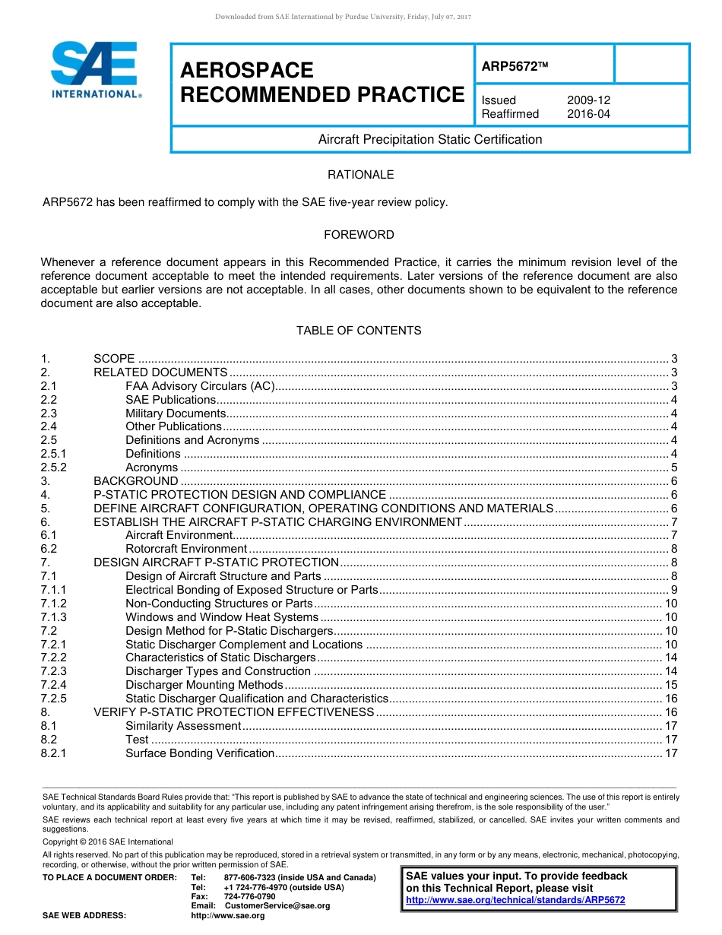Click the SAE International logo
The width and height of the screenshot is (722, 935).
[x=94, y=69]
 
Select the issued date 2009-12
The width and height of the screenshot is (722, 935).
[x=588, y=100]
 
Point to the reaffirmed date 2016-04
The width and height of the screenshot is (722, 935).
[x=588, y=114]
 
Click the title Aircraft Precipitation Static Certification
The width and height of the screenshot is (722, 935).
[x=430, y=139]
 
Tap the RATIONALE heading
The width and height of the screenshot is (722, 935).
[x=360, y=175]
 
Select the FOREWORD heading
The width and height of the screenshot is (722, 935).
[x=359, y=235]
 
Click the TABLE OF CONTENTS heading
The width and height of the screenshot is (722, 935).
[x=359, y=331]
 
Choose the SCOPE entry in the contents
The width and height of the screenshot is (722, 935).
[x=114, y=359]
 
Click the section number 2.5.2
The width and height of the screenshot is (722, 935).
[x=54, y=467]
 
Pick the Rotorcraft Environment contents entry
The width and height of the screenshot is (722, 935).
[x=186, y=549]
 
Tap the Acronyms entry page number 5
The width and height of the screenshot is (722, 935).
[x=674, y=467]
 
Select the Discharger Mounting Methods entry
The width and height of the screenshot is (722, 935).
[x=204, y=685]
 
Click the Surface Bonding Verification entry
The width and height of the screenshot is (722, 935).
[x=200, y=753]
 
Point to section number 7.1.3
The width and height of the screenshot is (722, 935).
[x=54, y=617]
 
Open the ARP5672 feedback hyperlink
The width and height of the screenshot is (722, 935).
[x=515, y=900]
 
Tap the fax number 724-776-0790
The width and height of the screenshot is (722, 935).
[x=249, y=897]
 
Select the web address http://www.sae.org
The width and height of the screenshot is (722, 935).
[x=228, y=916]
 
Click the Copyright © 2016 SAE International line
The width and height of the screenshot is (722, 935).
[x=108, y=841]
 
